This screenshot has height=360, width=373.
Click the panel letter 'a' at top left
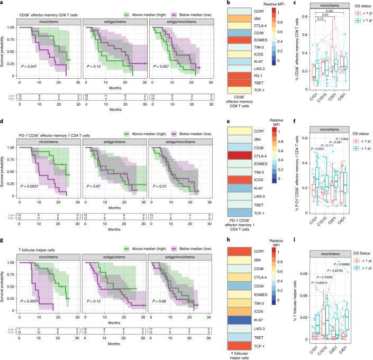tap(3, 4)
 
